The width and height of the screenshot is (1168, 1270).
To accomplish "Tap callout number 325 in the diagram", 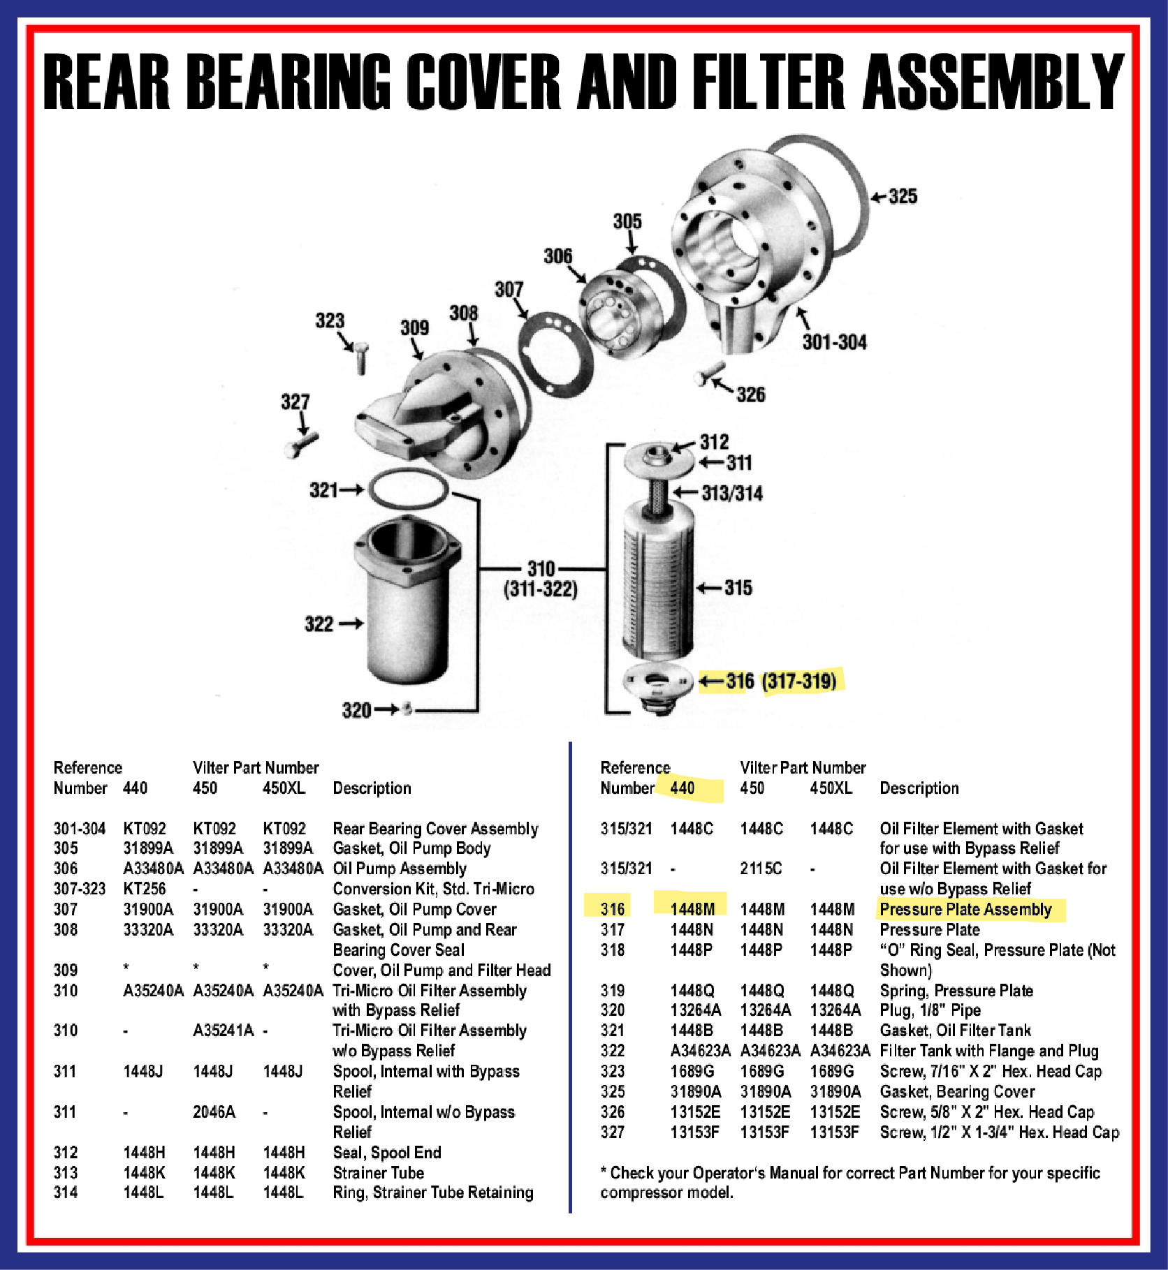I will click(x=903, y=196).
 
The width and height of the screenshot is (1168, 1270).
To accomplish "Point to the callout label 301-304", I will click(x=835, y=342).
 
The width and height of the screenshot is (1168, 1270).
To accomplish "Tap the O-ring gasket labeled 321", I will click(x=409, y=488).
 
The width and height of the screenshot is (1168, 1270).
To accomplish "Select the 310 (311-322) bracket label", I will click(x=541, y=579).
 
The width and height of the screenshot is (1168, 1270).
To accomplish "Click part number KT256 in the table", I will click(x=145, y=889).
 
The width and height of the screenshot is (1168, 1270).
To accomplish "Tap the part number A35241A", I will click(x=223, y=1031).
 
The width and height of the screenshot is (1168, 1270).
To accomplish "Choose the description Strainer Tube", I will click(x=378, y=1172).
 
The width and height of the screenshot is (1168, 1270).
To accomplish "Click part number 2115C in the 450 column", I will click(x=761, y=869).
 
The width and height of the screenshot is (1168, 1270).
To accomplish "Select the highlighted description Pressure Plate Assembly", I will click(x=965, y=909).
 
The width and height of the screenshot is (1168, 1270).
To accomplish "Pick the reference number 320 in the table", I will click(x=612, y=1010).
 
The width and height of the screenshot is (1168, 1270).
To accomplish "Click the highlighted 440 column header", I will click(x=682, y=788).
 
